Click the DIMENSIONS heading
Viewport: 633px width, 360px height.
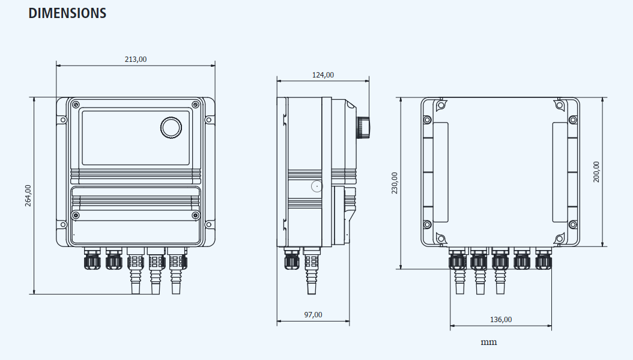click(x=67, y=13)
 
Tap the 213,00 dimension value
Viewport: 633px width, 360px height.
click(x=135, y=59)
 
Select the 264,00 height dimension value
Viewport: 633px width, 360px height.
click(x=28, y=195)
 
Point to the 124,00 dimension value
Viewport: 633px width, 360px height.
click(x=323, y=75)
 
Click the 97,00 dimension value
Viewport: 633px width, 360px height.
click(x=313, y=314)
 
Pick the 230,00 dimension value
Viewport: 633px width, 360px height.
click(x=395, y=183)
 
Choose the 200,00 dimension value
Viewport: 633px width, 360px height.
click(x=596, y=172)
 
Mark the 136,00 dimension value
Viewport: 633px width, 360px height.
click(x=501, y=319)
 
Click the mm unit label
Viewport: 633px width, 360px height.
click(x=489, y=342)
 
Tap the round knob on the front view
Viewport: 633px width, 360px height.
click(x=171, y=127)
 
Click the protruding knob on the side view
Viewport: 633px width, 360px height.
click(x=363, y=127)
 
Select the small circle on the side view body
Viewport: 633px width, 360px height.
click(x=316, y=186)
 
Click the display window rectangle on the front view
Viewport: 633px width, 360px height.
click(x=136, y=138)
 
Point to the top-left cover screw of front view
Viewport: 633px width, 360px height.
click(x=76, y=105)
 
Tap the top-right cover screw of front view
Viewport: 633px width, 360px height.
click(x=196, y=105)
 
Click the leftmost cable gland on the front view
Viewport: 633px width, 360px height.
click(x=92, y=260)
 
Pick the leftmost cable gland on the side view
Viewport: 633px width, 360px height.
click(x=291, y=260)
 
